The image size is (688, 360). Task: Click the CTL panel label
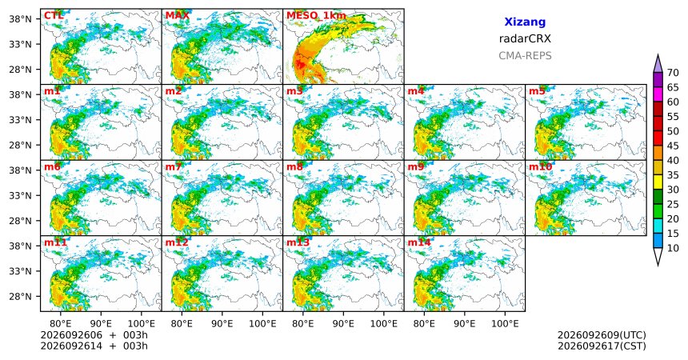(x=54, y=16)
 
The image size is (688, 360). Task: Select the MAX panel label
(x=178, y=16)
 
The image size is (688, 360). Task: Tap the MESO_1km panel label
(x=316, y=16)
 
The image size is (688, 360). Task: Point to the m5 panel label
(x=537, y=91)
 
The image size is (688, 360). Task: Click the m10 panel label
(x=540, y=167)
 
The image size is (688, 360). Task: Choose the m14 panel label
(x=419, y=242)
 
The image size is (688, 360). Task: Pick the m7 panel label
(x=174, y=167)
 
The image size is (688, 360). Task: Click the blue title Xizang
(x=525, y=22)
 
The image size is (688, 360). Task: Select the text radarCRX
(x=525, y=38)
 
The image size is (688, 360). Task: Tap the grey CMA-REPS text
(x=525, y=56)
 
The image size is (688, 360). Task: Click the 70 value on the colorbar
(x=673, y=73)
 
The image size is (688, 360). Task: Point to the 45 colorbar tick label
(x=673, y=146)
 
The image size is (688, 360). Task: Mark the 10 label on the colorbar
(x=673, y=249)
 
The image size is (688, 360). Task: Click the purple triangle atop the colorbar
(x=658, y=65)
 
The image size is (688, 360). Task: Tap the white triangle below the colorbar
(x=658, y=255)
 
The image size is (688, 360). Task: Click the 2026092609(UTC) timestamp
(x=602, y=335)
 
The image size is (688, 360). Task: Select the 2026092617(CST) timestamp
(x=602, y=346)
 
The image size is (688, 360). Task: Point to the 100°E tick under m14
(x=505, y=324)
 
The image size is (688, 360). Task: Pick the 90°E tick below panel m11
(x=101, y=324)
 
